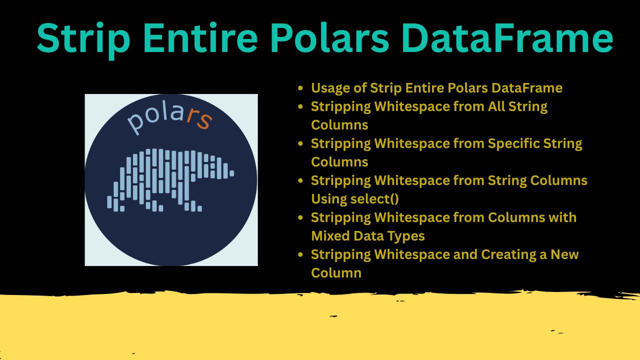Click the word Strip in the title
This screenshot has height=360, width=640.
(x=83, y=38)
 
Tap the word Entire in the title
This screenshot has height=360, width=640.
(x=200, y=38)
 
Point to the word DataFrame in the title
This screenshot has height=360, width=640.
(x=507, y=38)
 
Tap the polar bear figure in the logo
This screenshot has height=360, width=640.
(x=170, y=180)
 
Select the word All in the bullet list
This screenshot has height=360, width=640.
(x=496, y=106)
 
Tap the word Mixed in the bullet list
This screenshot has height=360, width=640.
(x=330, y=236)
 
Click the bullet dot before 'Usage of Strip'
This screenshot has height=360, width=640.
(x=300, y=88)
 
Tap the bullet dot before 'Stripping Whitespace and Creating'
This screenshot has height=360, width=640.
(x=300, y=254)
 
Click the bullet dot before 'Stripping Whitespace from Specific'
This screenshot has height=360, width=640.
(x=300, y=143)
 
